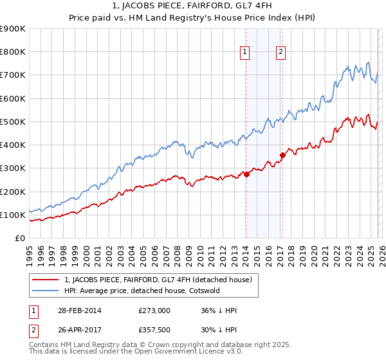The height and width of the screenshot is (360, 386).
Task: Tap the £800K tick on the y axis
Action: tap(13, 52)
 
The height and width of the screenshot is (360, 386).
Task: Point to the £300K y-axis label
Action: tap(13, 168)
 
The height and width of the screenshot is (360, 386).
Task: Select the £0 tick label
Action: tap(19, 239)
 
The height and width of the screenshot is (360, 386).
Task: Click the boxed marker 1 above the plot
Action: tap(246, 53)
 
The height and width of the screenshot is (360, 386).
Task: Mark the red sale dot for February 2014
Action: tap(246, 174)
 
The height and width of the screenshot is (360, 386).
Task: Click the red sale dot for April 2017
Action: tap(282, 155)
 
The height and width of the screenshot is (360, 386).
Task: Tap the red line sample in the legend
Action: tap(46, 280)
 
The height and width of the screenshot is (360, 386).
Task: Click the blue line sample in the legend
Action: tap(46, 291)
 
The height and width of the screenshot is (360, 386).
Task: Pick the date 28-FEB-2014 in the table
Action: tap(73, 310)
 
